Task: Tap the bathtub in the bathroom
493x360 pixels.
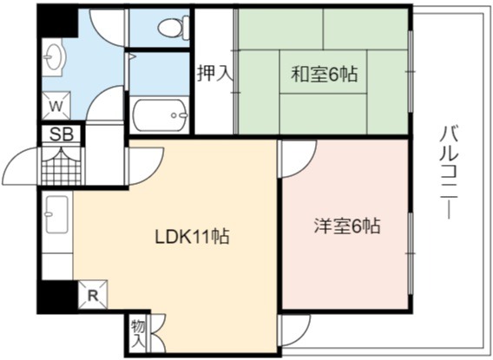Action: click(x=160, y=115)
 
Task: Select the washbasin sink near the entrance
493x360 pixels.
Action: click(x=54, y=57)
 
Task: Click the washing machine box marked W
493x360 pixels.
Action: click(x=56, y=106)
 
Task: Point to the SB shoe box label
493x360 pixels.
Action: click(x=62, y=134)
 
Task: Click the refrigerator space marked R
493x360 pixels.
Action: click(x=93, y=295)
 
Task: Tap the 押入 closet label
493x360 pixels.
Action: click(x=214, y=73)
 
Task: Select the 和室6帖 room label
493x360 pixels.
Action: click(x=324, y=74)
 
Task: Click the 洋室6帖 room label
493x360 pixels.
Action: click(x=347, y=226)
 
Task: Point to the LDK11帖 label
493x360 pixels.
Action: click(x=192, y=236)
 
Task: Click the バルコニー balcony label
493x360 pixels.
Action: click(x=450, y=172)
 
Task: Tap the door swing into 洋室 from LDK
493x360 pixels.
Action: click(x=298, y=160)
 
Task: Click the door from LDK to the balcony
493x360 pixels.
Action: click(x=296, y=331)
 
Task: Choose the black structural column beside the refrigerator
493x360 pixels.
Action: click(x=57, y=297)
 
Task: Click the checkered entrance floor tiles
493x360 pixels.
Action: click(x=62, y=166)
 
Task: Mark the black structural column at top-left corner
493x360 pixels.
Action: click(x=57, y=22)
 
